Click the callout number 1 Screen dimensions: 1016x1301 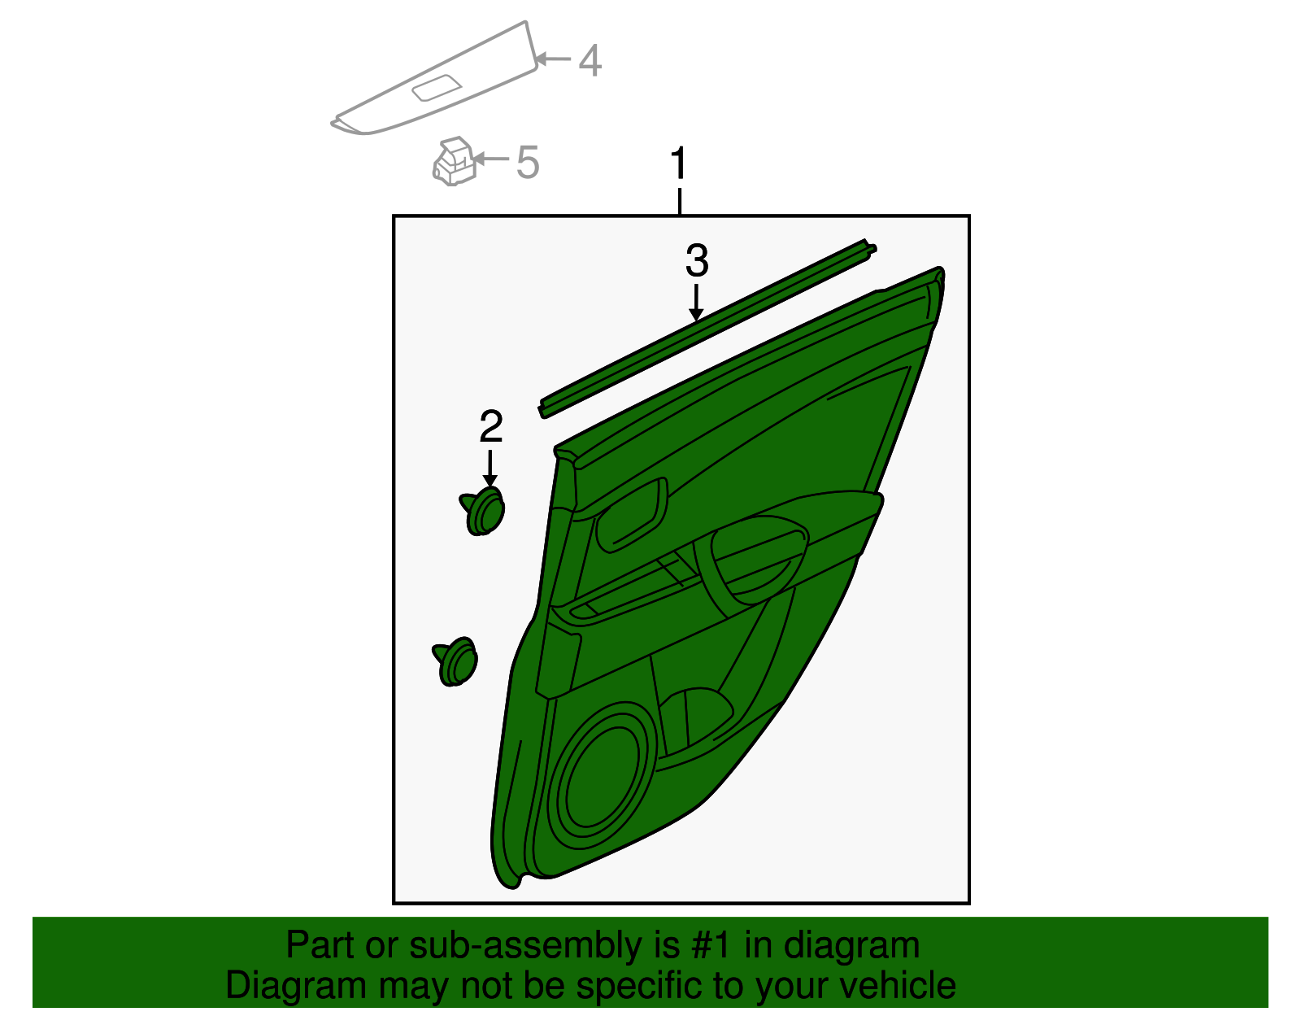pos(679,165)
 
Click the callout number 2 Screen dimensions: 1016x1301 pos(491,427)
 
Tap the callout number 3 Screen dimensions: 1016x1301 pos(697,261)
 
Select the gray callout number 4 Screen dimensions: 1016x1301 pos(590,61)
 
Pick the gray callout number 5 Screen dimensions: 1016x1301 pos(528,162)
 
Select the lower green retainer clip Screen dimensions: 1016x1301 pos(455,661)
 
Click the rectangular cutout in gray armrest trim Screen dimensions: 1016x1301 pos(437,87)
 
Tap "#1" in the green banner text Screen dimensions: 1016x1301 pos(713,946)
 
